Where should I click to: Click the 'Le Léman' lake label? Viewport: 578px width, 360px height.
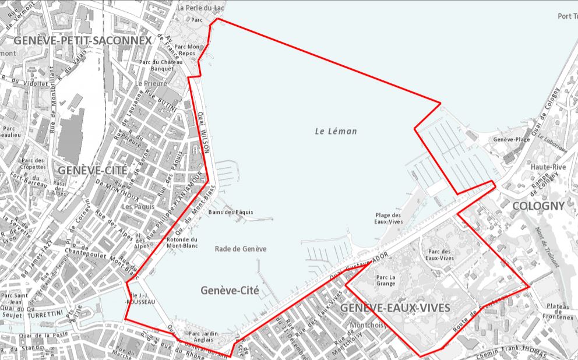pyautogui.click(x=335, y=131)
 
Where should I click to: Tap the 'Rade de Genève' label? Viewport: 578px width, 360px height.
pyautogui.click(x=241, y=249)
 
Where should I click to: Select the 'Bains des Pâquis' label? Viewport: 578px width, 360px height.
pyautogui.click(x=231, y=212)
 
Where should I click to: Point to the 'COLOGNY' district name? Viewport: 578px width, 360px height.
pyautogui.click(x=538, y=206)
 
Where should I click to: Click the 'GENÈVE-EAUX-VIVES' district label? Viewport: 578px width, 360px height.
pyautogui.click(x=395, y=307)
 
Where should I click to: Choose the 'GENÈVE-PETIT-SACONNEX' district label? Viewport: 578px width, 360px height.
pyautogui.click(x=82, y=40)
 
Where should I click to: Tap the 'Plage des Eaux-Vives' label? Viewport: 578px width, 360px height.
pyautogui.click(x=389, y=218)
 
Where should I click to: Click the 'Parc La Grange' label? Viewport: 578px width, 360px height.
pyautogui.click(x=385, y=280)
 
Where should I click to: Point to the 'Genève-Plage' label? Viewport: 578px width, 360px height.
pyautogui.click(x=511, y=140)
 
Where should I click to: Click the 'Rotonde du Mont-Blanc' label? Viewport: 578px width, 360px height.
pyautogui.click(x=182, y=242)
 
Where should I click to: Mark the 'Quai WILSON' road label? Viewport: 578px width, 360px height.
pyautogui.click(x=203, y=132)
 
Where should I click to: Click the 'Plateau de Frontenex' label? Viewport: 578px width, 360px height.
pyautogui.click(x=557, y=310)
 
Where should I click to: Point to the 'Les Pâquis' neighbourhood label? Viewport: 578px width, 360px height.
pyautogui.click(x=138, y=206)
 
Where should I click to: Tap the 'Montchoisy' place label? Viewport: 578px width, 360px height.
pyautogui.click(x=368, y=325)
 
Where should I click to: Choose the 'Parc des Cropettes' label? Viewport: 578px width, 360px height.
pyautogui.click(x=33, y=164)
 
